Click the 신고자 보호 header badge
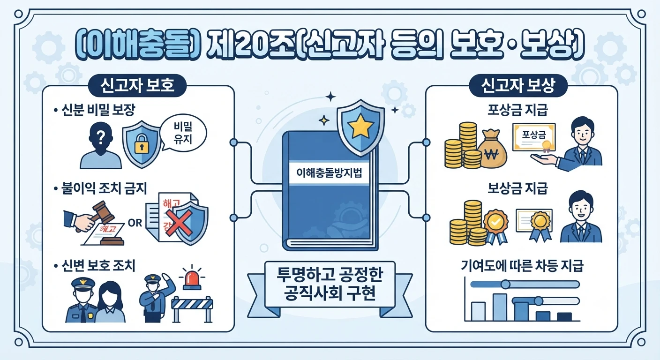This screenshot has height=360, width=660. tap(137, 85)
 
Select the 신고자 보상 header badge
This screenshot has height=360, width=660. tap(517, 85)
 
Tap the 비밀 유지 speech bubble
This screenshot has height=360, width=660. tap(183, 133)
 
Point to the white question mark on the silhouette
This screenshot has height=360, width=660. tap(101, 137)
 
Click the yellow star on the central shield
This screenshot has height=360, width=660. tap(360, 126)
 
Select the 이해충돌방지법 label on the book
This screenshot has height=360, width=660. tap(329, 172)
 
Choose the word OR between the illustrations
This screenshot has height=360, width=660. tap(135, 223)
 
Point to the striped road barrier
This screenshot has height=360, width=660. tap(192, 309)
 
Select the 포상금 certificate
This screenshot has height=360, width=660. tap(534, 137)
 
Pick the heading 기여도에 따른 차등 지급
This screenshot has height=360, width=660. tap(522, 266)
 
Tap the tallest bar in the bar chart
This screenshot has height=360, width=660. tap(500, 307)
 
